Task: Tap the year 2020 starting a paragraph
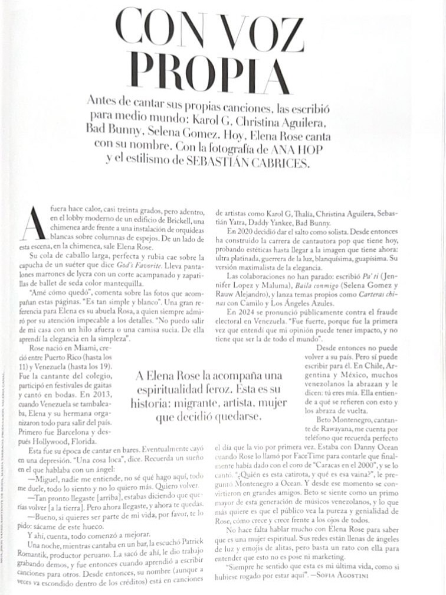tap(237, 231)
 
